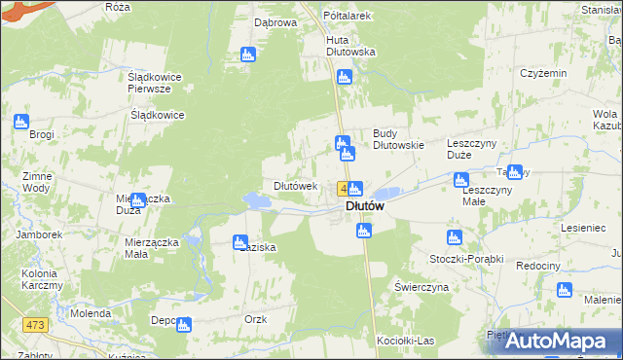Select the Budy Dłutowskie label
[x=399, y=139]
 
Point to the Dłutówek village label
[x=296, y=186]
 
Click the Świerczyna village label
[x=421, y=288]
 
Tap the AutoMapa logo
[x=561, y=341]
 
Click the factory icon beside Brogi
[x=21, y=122]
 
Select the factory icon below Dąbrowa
[x=248, y=54]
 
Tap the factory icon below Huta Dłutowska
[x=343, y=77]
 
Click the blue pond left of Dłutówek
[x=256, y=200]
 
